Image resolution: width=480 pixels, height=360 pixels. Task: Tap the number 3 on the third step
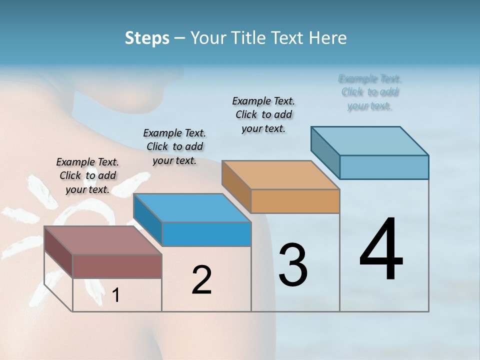293,264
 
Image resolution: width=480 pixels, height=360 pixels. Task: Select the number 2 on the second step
201,280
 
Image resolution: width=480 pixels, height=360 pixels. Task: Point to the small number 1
116,295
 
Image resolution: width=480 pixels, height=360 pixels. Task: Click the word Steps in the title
147,38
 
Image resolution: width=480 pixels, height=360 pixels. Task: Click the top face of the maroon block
102,240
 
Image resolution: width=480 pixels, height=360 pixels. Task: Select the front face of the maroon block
117,266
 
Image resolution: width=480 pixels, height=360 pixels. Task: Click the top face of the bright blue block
192,208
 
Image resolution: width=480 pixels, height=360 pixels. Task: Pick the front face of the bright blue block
206,234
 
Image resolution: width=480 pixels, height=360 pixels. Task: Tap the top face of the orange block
280,175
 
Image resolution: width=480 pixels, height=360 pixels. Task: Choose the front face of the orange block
295,201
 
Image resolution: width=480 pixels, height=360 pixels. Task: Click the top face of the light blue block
369,141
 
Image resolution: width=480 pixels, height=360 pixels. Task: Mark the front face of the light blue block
384,167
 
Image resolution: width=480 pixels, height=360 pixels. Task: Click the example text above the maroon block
87,175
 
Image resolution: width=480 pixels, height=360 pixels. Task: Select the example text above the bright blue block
174,146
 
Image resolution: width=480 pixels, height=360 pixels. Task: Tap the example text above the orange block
263,114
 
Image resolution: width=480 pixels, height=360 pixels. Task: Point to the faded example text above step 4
370,92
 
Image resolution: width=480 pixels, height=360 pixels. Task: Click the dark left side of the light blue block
325,150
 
